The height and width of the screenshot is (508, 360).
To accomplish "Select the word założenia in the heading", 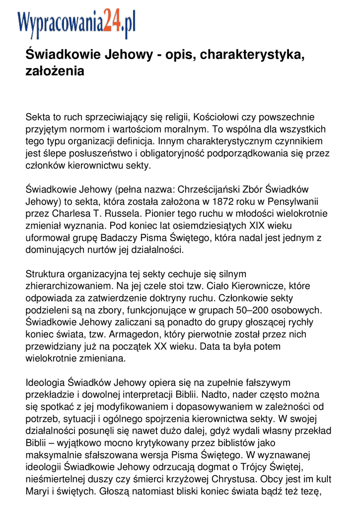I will [55, 71].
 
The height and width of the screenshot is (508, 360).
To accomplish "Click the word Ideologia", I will [45, 382].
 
